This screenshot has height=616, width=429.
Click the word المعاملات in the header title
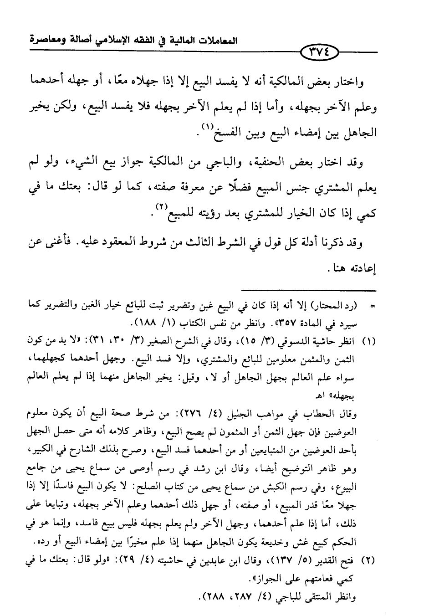point(215,40)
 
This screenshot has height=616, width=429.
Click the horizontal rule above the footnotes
point(309,290)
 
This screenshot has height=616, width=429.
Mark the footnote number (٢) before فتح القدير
point(368,561)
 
